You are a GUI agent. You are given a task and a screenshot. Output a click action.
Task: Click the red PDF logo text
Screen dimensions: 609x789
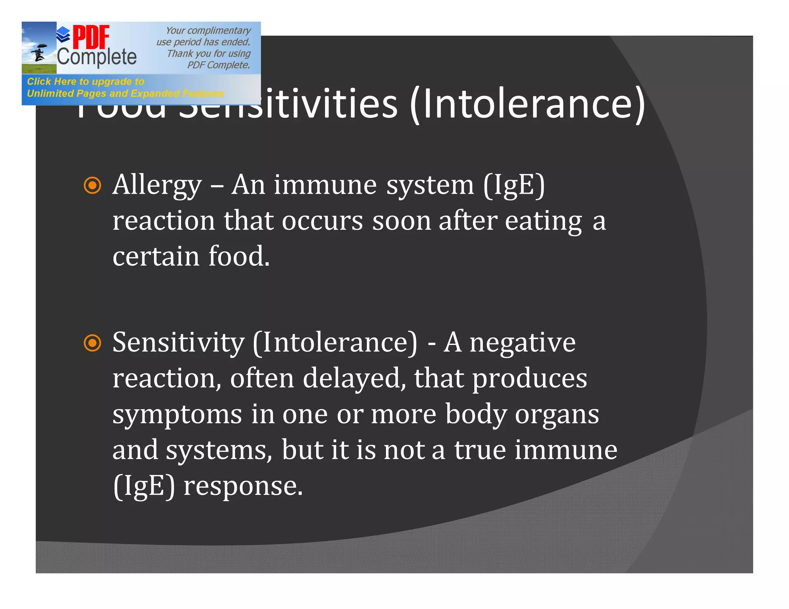[91, 37]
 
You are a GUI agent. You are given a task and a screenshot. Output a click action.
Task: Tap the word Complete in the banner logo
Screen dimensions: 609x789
[97, 57]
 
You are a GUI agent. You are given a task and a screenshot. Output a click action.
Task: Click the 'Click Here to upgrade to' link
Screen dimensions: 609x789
[86, 82]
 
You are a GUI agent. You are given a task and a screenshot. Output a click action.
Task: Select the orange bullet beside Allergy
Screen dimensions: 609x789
[92, 185]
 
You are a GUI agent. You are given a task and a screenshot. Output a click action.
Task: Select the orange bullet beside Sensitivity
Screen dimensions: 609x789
[92, 343]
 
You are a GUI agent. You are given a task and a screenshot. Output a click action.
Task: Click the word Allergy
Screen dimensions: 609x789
[157, 185]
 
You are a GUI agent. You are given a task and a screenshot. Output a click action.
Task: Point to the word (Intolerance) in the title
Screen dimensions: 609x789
[527, 104]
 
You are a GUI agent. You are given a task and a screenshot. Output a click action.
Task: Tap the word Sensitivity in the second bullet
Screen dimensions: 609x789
[178, 343]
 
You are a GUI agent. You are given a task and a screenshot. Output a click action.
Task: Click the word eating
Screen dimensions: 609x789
[543, 221]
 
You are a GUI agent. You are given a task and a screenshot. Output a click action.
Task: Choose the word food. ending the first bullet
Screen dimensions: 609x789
[239, 256]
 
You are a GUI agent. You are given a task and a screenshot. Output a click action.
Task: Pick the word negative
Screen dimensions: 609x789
[522, 343]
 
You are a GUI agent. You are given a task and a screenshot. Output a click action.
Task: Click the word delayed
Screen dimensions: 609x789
[354, 378]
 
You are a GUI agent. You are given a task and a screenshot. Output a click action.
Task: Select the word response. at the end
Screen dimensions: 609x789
[243, 486]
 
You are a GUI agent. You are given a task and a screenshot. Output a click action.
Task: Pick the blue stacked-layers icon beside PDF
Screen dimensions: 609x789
[63, 35]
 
